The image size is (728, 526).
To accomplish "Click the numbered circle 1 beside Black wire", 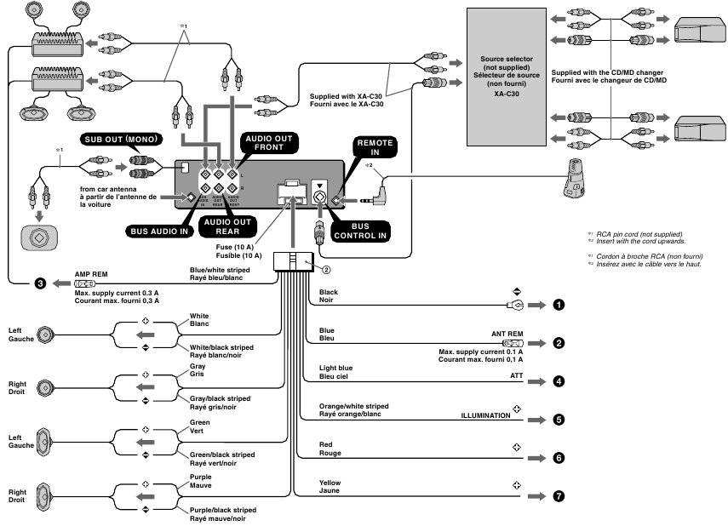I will pos(558,304).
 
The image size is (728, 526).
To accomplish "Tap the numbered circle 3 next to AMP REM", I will pos(40,283).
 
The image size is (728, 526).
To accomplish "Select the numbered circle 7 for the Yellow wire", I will pos(558,496).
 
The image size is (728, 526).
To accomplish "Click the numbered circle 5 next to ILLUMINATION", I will pos(558,419).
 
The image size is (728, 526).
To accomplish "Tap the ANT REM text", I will pos(506,334).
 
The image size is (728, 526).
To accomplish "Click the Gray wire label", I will pos(198,366).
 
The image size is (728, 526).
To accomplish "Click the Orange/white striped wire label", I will pos(353,407).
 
